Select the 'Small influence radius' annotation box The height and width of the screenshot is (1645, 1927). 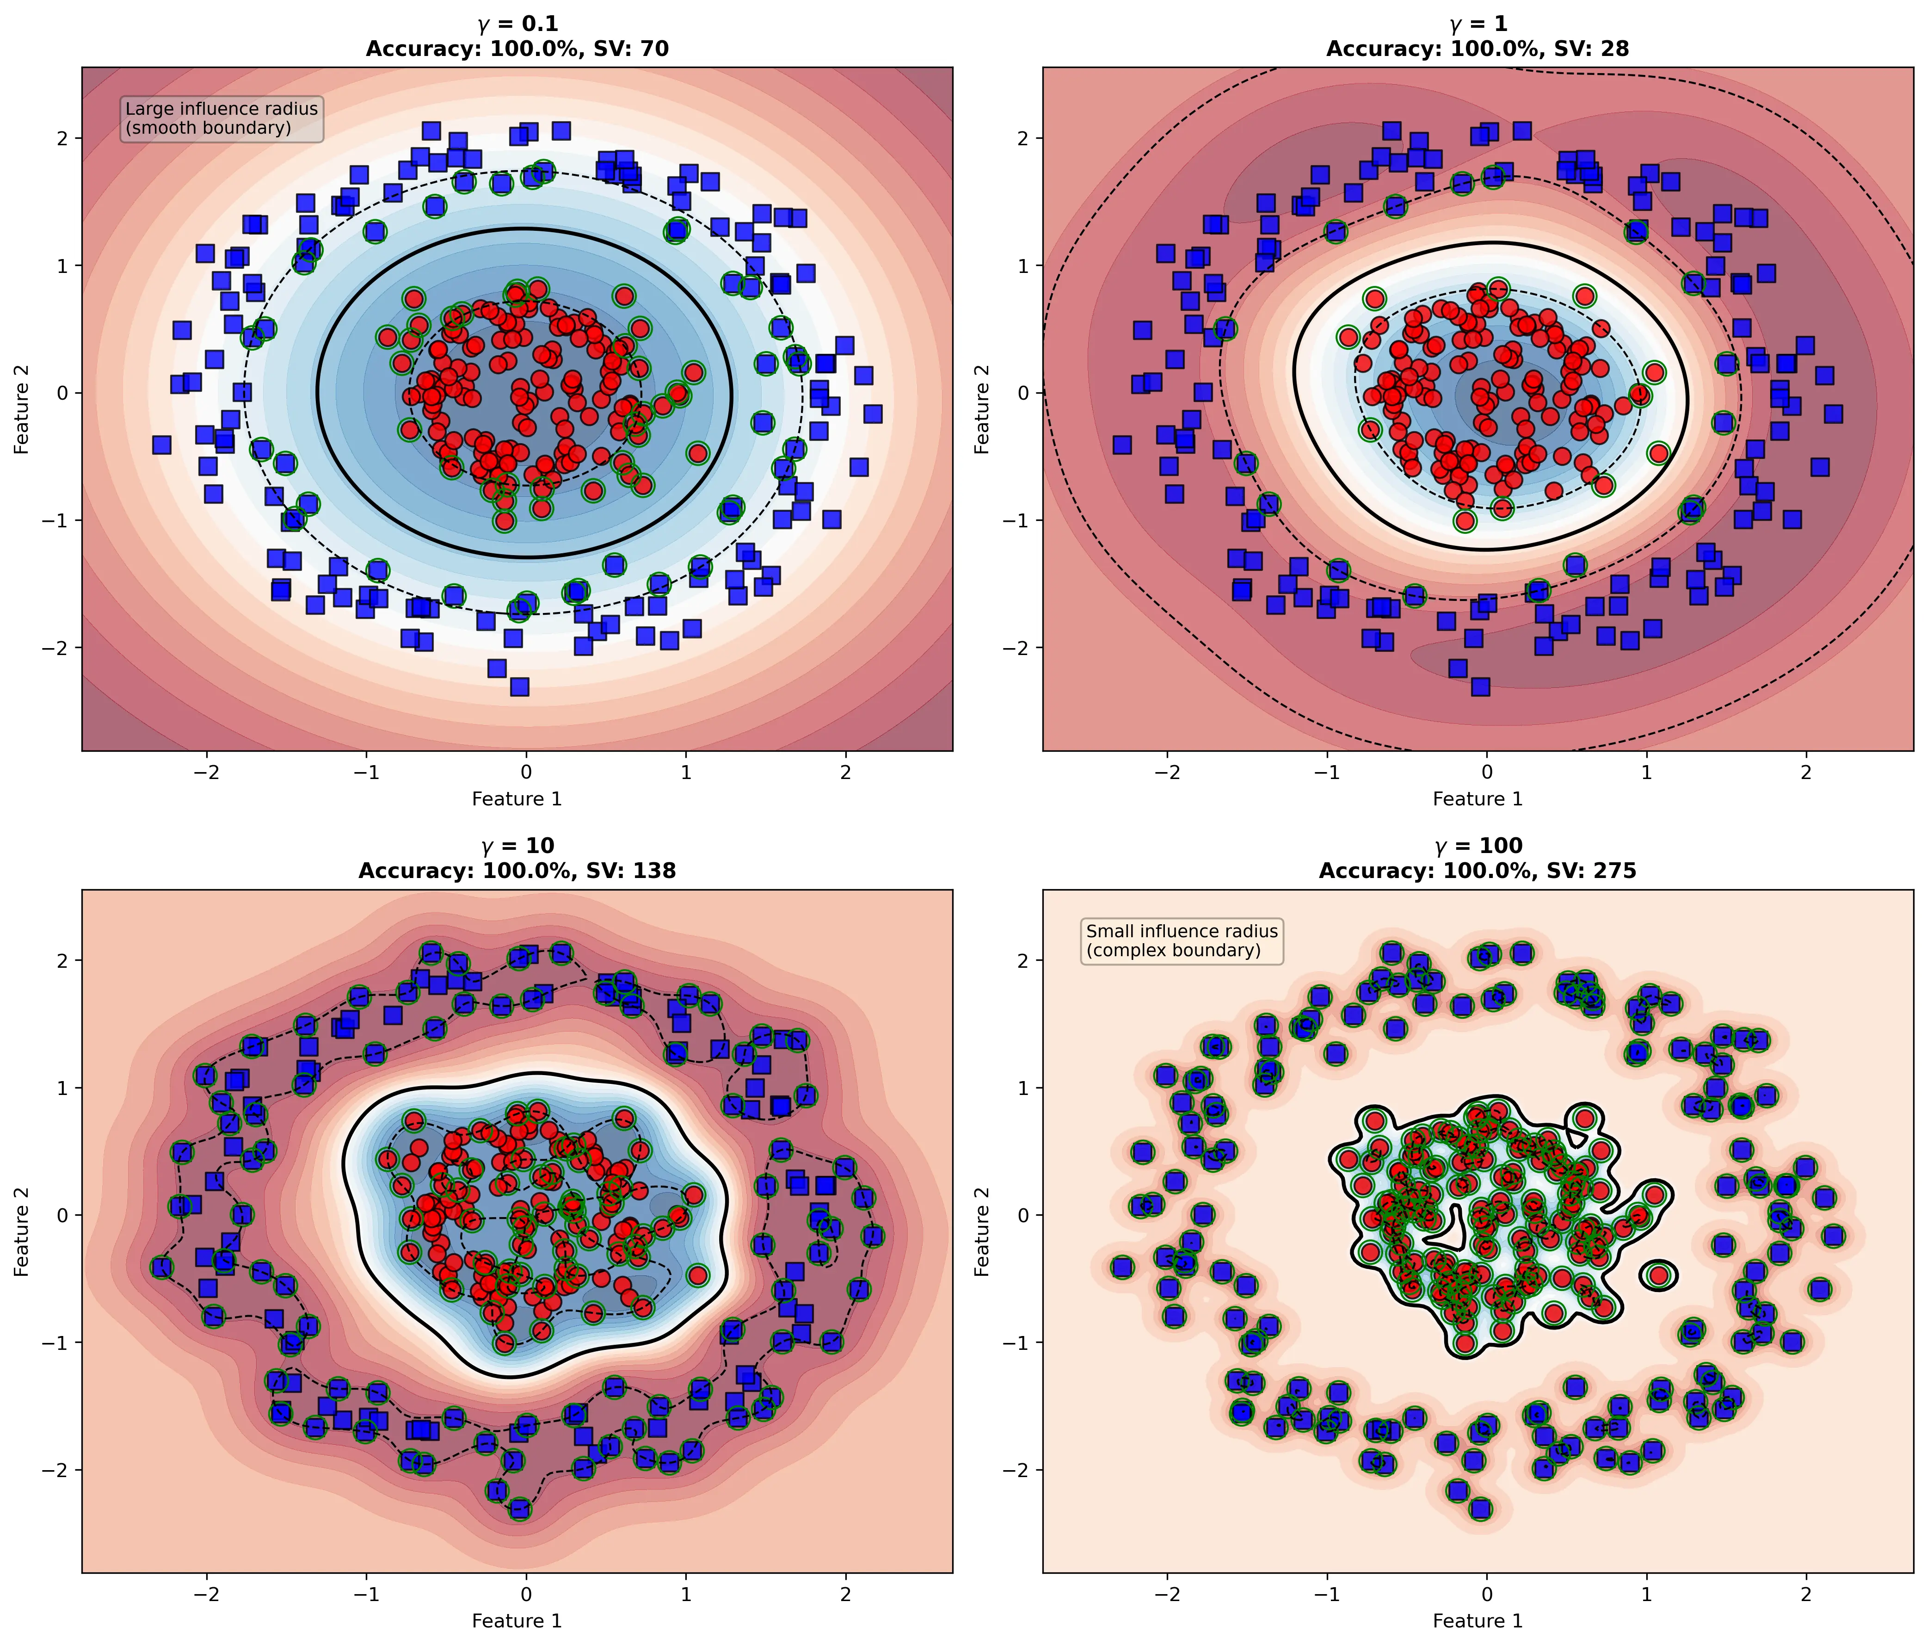tap(1182, 940)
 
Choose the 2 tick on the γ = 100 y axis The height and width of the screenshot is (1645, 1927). tap(1021, 960)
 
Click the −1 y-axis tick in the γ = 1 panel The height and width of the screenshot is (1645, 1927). tap(1016, 520)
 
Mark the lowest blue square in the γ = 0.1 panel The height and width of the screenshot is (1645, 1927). tap(520, 686)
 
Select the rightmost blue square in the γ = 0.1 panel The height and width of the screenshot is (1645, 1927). tap(872, 414)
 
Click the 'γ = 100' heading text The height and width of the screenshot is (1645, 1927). tap(1478, 846)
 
